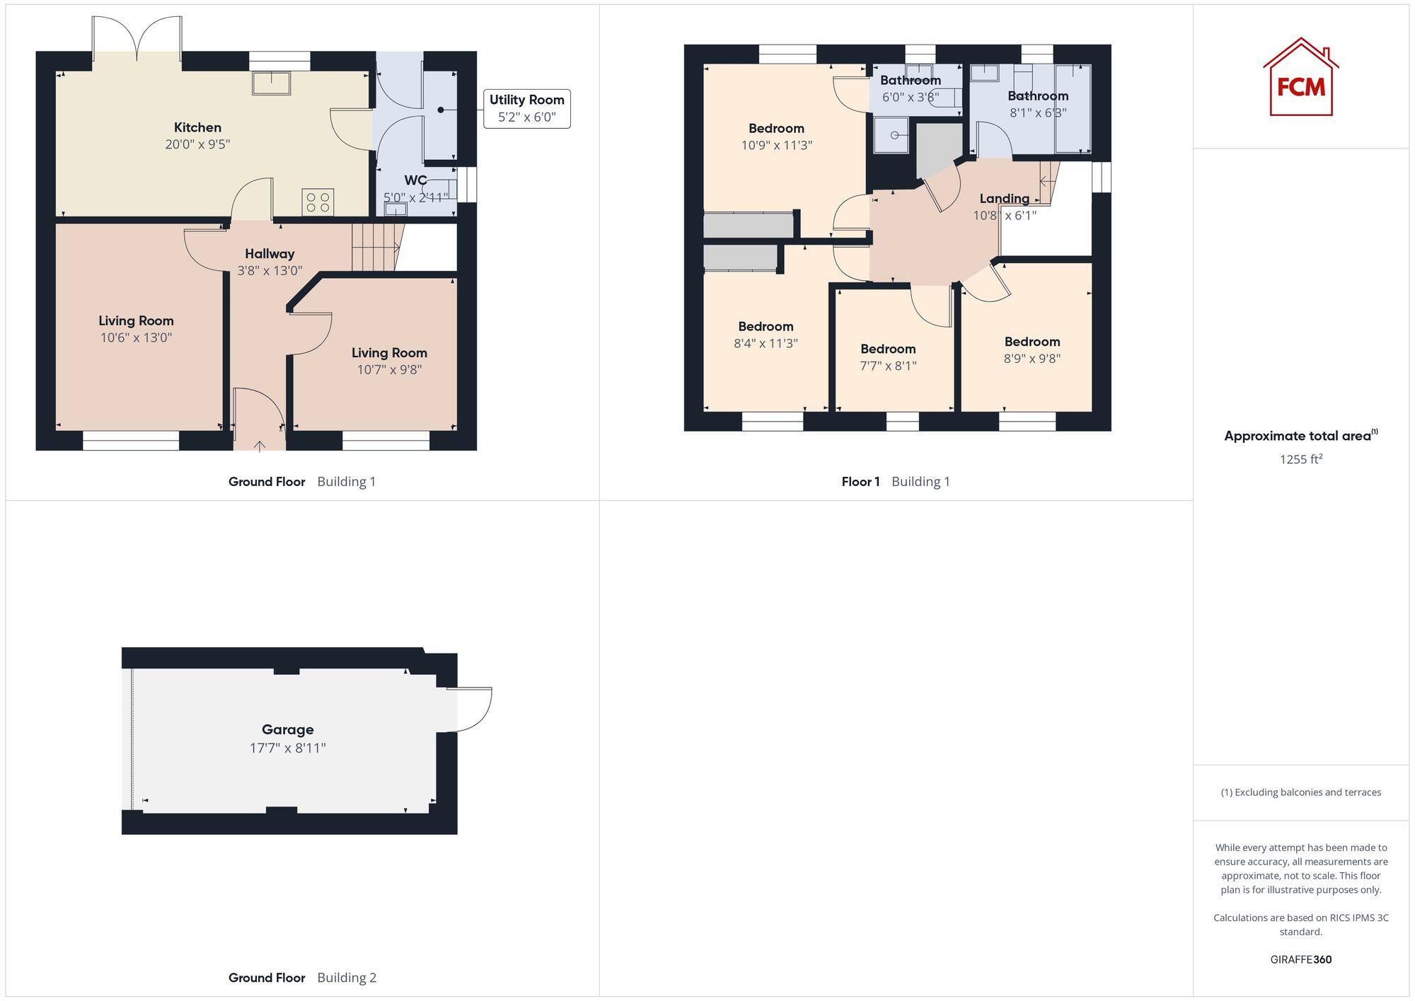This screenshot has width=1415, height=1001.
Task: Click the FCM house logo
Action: [x=1300, y=78]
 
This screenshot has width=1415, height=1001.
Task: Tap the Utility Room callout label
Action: [x=526, y=108]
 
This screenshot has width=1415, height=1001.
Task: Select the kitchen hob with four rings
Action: [x=318, y=202]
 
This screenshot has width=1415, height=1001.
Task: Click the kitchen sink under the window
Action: [x=272, y=83]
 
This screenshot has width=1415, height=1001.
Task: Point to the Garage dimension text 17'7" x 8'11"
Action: [x=287, y=748]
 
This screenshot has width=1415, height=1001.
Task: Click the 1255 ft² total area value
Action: [x=1300, y=459]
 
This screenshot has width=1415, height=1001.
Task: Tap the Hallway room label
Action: [x=270, y=253]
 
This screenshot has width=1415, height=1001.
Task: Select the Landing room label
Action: [x=1004, y=199]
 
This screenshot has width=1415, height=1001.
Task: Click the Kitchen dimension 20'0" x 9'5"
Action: [x=197, y=144]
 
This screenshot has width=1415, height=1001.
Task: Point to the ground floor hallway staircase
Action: [x=375, y=247]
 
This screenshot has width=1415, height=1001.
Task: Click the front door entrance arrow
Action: [x=260, y=446]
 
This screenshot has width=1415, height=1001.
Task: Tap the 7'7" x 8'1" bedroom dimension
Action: [x=888, y=366]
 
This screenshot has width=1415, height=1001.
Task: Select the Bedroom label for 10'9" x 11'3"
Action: [x=776, y=128]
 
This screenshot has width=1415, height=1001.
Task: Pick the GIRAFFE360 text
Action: [x=1300, y=960]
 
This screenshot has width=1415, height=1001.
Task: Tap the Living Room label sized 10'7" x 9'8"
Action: [x=389, y=352]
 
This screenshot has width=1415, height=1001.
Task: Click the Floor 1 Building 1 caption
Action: [x=895, y=482]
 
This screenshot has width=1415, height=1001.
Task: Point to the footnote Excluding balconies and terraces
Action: [x=1300, y=792]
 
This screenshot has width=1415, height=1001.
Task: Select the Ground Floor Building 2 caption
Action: [x=302, y=978]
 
